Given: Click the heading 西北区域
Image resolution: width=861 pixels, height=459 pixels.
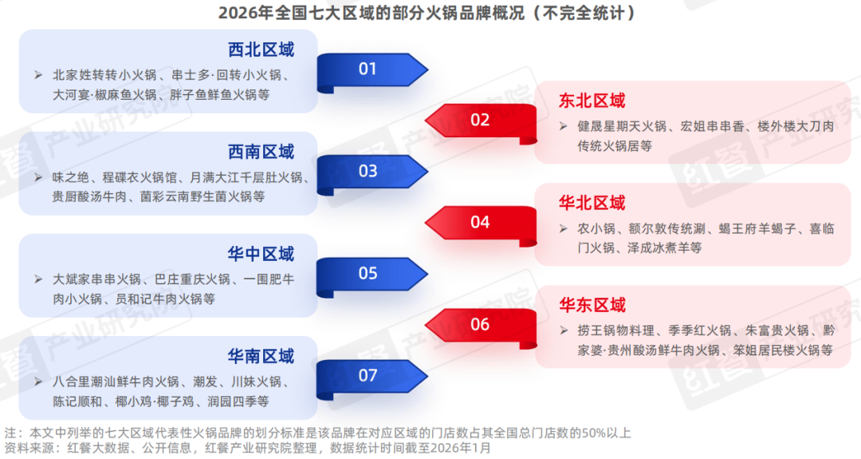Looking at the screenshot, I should [x=261, y=49].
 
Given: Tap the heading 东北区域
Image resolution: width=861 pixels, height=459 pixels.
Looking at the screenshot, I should [x=592, y=101].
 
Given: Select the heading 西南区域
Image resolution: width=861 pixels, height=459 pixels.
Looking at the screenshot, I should [x=261, y=152].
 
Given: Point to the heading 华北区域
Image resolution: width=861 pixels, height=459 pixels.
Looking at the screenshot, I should [x=592, y=203].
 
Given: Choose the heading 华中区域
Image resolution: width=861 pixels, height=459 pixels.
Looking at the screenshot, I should [x=261, y=254].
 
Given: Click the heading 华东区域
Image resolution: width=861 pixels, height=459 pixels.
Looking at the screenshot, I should [x=592, y=305].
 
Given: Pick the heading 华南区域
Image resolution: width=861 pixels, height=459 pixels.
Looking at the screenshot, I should [x=261, y=356].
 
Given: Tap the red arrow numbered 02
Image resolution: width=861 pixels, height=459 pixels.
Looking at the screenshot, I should [x=479, y=121].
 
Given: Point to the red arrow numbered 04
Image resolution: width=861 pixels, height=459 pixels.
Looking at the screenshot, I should [x=479, y=222].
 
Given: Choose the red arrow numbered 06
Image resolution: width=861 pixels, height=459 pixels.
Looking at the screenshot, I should [x=479, y=324].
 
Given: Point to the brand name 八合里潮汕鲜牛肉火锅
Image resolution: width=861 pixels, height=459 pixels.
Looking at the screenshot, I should [x=115, y=382].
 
